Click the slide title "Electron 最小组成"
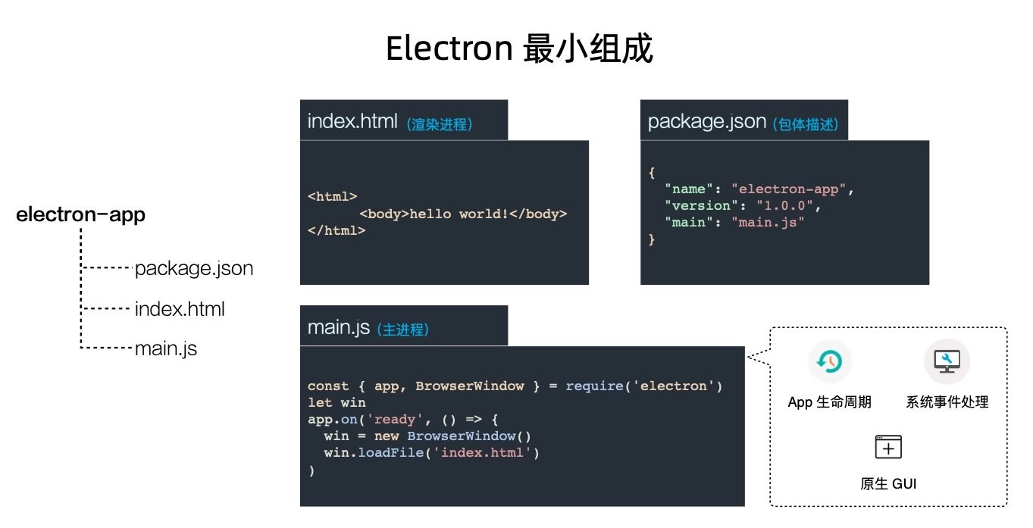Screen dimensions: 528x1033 point(518,49)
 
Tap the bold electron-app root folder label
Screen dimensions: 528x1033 point(80,215)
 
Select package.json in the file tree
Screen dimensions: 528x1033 point(193,268)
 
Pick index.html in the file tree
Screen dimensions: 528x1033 point(180,309)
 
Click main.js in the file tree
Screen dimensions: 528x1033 point(165,349)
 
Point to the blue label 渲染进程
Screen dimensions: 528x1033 point(440,124)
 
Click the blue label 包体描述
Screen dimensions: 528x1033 point(806,124)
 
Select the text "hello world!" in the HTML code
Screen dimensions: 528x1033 point(459,214)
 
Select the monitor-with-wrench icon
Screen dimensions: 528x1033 point(947,361)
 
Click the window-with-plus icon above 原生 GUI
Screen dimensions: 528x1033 point(888,448)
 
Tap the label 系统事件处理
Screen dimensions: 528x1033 point(947,402)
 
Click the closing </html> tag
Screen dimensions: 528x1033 point(337,230)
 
